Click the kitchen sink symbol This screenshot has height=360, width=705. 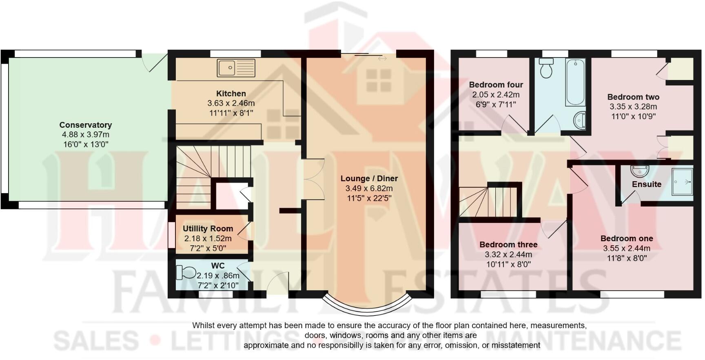click(236, 68)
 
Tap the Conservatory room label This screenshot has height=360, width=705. click(85, 125)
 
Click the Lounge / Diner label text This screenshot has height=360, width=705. click(369, 178)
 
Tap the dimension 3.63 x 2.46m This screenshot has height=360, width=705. click(231, 103)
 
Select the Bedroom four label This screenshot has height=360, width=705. click(496, 85)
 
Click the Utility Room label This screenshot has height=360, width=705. click(208, 229)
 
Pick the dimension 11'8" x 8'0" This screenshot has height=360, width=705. click(627, 258)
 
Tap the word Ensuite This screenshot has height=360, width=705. click(646, 184)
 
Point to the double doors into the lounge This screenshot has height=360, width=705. click(313, 179)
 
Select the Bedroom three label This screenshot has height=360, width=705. click(508, 244)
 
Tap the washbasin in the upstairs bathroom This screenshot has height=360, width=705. click(579, 120)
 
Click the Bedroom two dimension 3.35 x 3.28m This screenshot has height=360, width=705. click(633, 107)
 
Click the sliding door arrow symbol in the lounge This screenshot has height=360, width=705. click(382, 59)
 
